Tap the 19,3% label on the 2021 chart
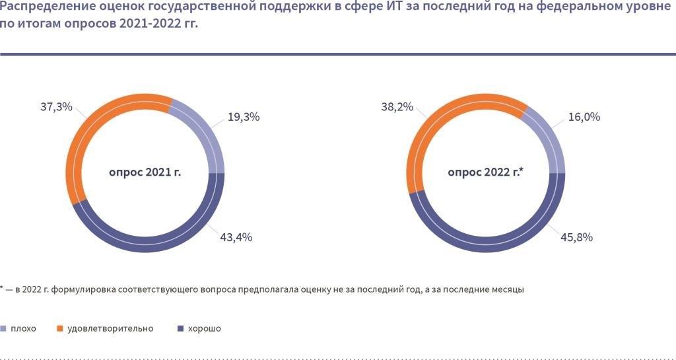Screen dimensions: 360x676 (244, 117)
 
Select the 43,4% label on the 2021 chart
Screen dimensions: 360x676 (236, 237)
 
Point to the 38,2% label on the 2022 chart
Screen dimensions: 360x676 (395, 106)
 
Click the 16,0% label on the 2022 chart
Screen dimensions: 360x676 (584, 117)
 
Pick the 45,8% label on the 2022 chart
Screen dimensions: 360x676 (576, 237)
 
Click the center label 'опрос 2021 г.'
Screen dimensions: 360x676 (145, 173)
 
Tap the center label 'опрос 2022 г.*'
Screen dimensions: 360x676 (485, 173)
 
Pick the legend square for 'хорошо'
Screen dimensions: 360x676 (182, 328)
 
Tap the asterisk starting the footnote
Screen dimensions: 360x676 (3, 287)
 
